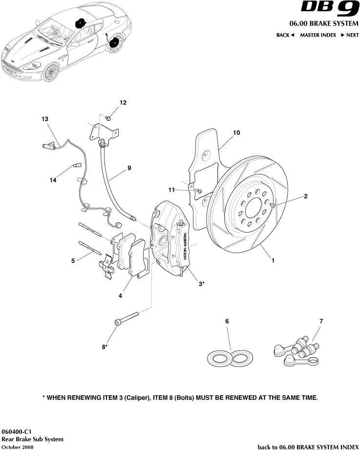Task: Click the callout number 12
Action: [x=123, y=103]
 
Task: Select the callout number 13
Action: [x=45, y=119]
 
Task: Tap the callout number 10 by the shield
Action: [x=236, y=132]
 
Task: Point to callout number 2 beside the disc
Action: [x=305, y=196]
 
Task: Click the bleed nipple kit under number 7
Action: [x=297, y=352]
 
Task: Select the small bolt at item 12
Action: [x=108, y=118]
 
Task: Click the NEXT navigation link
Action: [x=349, y=35]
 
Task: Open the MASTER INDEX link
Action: [x=318, y=35]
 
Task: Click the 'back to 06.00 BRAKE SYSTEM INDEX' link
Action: [x=308, y=447]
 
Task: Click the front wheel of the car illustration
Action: [x=50, y=73]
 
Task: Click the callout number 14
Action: [x=53, y=180]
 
